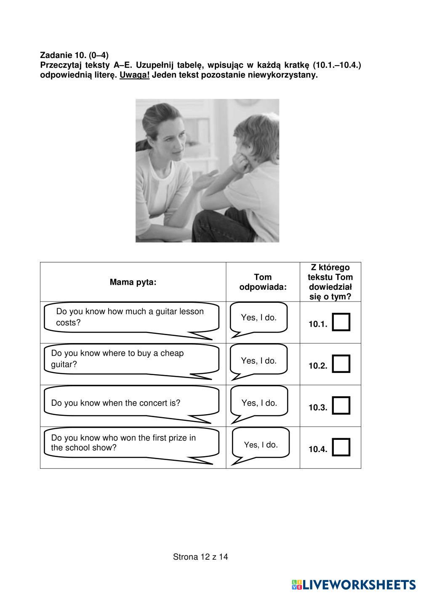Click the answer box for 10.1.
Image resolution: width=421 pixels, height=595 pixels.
click(x=341, y=322)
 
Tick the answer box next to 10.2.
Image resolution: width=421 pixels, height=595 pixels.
click(x=341, y=364)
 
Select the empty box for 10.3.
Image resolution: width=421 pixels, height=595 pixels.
click(x=341, y=405)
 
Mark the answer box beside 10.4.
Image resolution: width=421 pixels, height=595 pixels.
click(x=341, y=447)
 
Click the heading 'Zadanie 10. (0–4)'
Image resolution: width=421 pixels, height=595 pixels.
click(x=74, y=55)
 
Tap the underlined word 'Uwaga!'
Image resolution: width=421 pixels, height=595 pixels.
click(x=134, y=75)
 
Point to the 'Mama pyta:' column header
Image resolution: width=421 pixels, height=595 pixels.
click(x=133, y=282)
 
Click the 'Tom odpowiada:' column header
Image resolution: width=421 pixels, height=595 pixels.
click(x=263, y=282)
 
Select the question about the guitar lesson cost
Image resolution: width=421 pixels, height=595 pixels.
click(x=130, y=317)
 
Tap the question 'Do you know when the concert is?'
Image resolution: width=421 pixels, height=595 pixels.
click(x=116, y=403)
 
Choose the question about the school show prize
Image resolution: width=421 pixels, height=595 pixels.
click(x=123, y=442)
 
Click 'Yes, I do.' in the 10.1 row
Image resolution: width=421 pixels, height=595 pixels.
click(x=259, y=317)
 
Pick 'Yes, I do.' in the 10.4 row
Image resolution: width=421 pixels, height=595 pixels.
click(x=261, y=445)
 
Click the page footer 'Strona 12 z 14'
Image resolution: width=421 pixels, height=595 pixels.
click(x=200, y=557)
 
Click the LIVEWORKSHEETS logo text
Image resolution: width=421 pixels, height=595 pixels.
click(x=358, y=584)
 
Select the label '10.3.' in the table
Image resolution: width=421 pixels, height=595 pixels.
click(x=318, y=407)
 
